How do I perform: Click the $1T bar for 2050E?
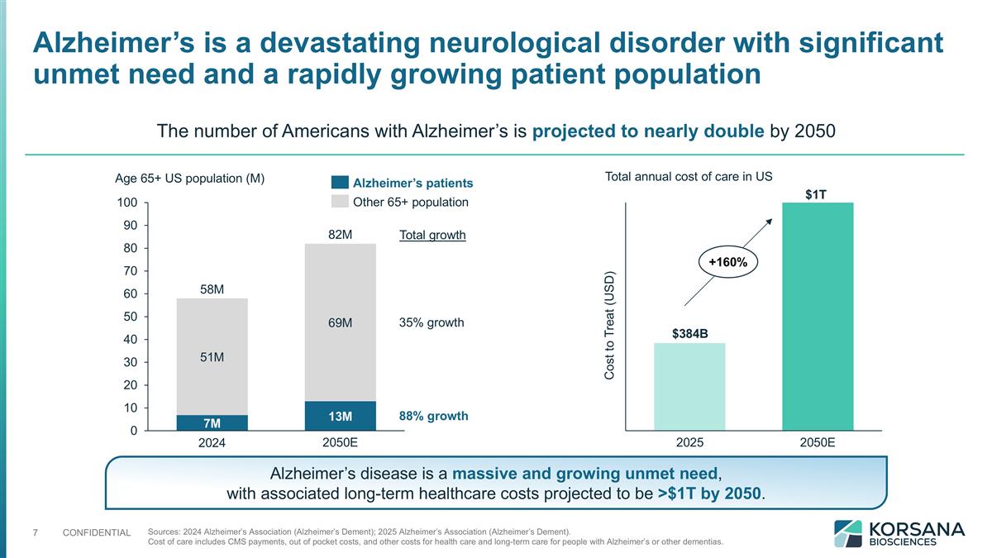818,316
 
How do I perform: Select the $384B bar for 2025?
689,386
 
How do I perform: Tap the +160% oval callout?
727,262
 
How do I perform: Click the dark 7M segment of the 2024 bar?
212,422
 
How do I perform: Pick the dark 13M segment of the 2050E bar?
340,416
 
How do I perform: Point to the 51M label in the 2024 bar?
212,357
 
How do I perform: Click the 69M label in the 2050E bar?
340,322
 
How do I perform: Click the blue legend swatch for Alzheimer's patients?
339,183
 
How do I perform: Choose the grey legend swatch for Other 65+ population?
339,202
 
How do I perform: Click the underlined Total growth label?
432,236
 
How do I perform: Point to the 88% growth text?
433,416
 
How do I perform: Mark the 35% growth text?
432,322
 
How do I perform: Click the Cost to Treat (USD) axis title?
609,326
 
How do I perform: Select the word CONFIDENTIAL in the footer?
97,532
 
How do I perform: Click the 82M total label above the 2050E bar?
340,235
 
